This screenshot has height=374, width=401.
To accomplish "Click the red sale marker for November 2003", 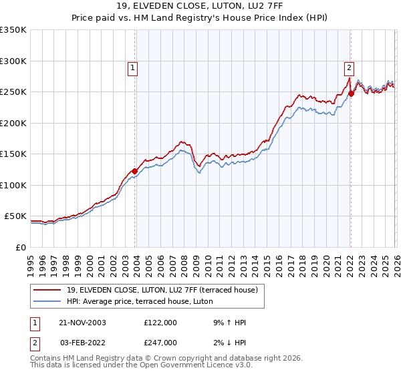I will tap(134, 172).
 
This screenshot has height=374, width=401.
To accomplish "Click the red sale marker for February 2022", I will tap(351, 93).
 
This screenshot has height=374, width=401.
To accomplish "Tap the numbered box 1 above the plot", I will tap(133, 67).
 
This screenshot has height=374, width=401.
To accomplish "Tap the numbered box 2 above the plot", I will tap(349, 67).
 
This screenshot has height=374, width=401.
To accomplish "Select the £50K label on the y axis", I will tap(15, 216).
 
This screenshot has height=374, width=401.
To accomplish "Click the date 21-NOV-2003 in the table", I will tap(83, 323).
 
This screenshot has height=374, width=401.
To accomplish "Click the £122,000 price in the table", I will tap(160, 323).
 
